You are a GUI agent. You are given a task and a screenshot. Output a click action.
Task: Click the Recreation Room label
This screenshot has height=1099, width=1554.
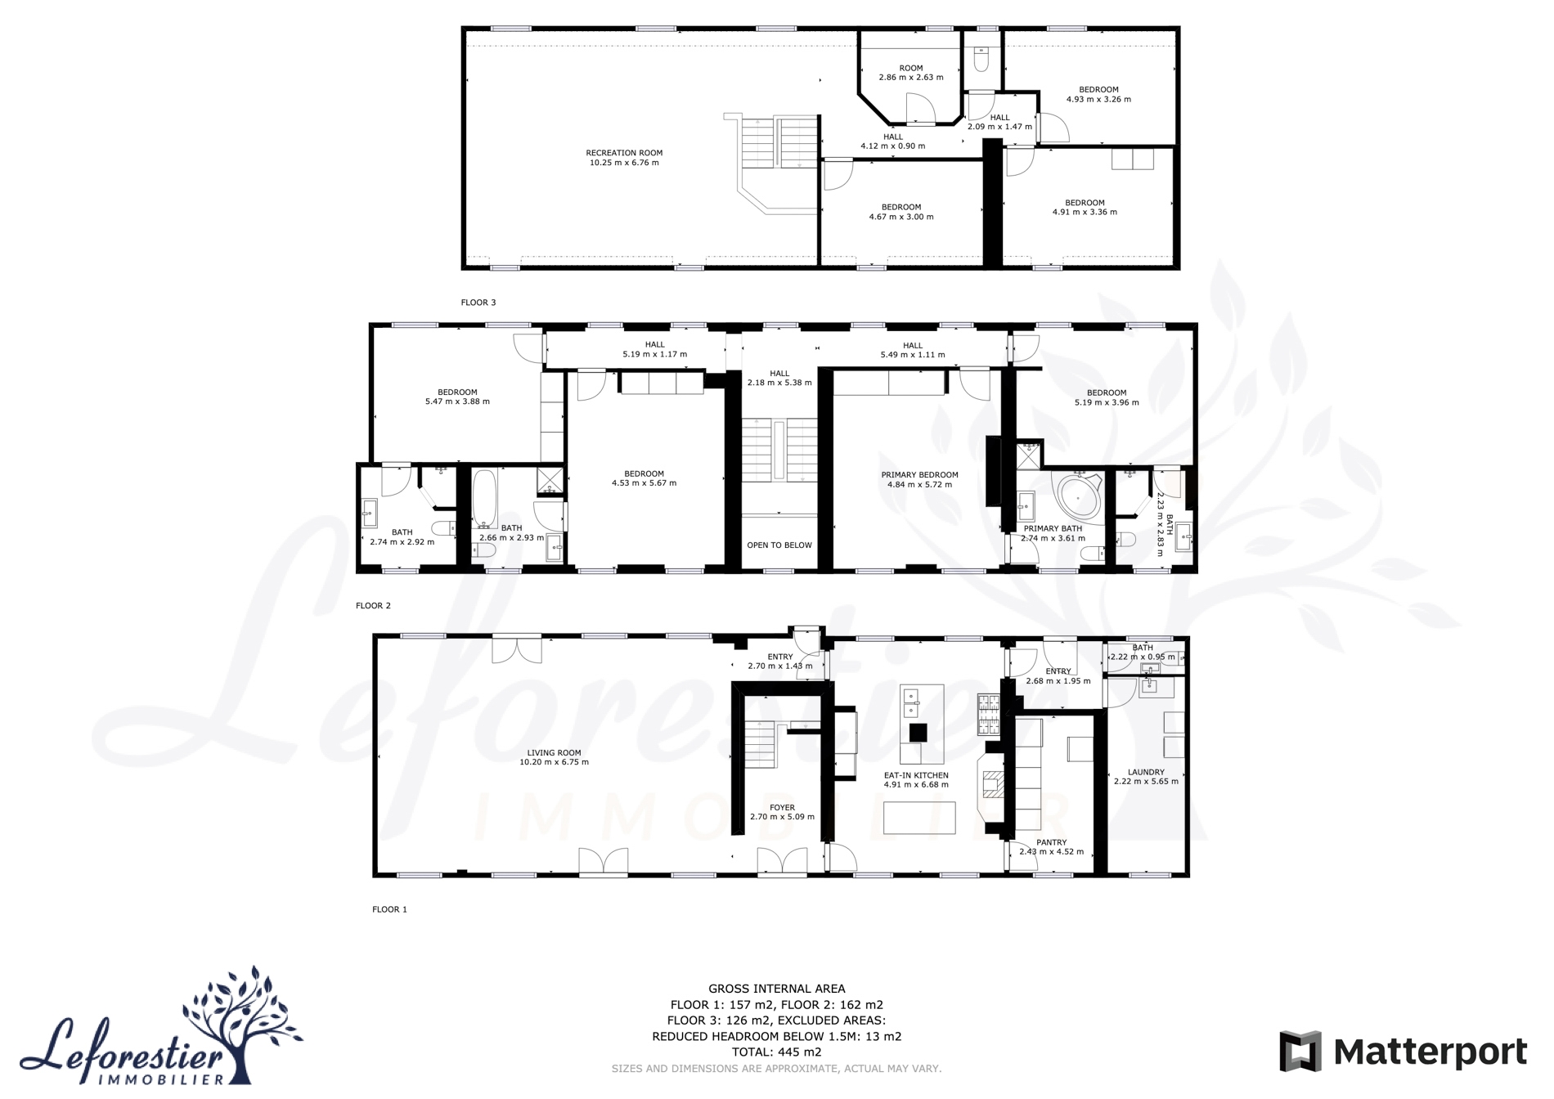coord(624,153)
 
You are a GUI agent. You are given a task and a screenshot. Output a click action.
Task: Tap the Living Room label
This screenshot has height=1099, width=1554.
coord(554,753)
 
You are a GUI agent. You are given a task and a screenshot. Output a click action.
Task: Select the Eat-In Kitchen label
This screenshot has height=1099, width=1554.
coord(916,775)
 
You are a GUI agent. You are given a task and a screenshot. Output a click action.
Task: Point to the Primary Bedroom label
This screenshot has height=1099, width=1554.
coord(919,475)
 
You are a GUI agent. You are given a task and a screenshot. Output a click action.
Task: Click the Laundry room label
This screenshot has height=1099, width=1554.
coord(1146,772)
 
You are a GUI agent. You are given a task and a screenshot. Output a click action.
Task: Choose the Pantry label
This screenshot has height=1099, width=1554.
coord(1052,842)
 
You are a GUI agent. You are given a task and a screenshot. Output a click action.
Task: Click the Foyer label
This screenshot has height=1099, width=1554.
coord(782,808)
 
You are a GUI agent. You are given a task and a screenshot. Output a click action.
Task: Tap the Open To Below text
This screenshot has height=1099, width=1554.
coord(779,545)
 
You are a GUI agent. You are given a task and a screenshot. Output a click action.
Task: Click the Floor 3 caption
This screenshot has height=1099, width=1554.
coord(478,303)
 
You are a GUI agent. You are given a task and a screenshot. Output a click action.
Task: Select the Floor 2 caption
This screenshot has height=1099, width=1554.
coord(374,606)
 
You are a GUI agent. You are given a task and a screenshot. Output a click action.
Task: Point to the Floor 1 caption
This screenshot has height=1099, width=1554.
coord(389,909)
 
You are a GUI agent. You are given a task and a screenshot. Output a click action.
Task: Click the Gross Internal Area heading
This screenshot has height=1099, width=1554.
coord(777,989)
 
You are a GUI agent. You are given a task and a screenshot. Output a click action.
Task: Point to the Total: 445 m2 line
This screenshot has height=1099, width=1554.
coord(777,1052)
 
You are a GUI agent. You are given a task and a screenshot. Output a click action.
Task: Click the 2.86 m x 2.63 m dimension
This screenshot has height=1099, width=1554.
coord(911,78)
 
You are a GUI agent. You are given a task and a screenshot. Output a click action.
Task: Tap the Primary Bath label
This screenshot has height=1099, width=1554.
coord(1053,529)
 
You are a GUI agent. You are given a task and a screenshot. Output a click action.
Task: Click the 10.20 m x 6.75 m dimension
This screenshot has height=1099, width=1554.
coord(554,762)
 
